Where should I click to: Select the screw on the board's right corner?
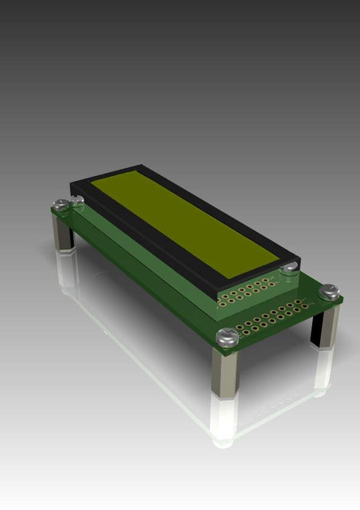click(x=329, y=293)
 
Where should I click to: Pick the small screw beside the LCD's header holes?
click(x=288, y=269)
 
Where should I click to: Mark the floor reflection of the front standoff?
click(x=224, y=418)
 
